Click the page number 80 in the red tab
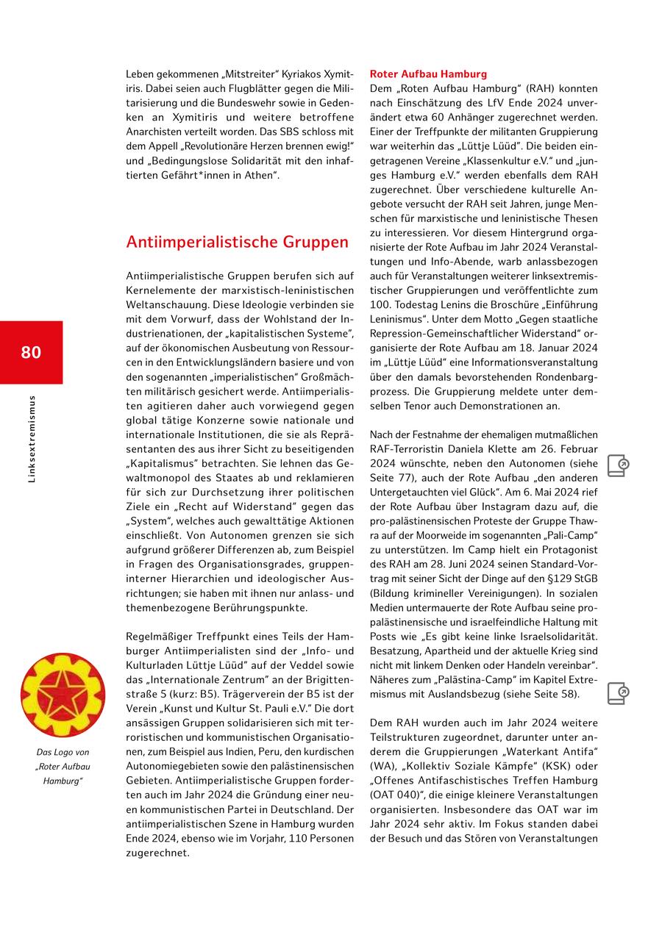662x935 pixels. pos(31,352)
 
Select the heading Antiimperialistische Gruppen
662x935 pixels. pos(237,242)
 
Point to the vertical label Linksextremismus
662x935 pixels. pos(32,440)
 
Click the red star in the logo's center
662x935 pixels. pos(63,695)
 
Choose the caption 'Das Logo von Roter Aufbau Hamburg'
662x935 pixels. pos(63,766)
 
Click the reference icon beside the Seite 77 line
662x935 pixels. pos(618,465)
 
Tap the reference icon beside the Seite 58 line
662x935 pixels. pos(618,693)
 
